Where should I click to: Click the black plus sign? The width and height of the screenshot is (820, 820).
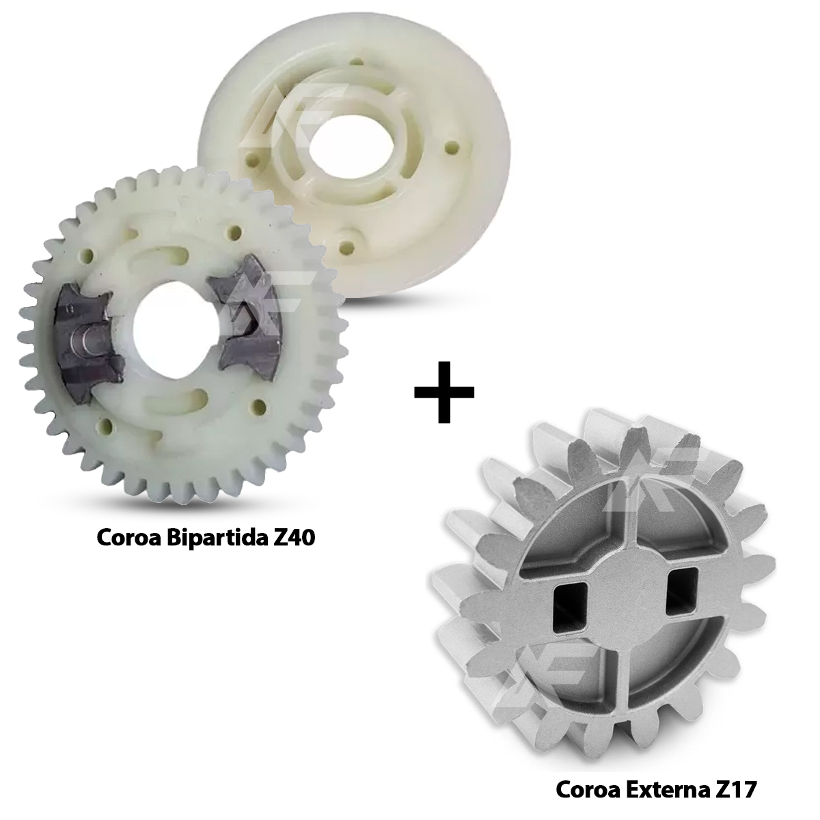pos(444,392)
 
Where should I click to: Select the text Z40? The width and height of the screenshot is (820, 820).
pos(292,538)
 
